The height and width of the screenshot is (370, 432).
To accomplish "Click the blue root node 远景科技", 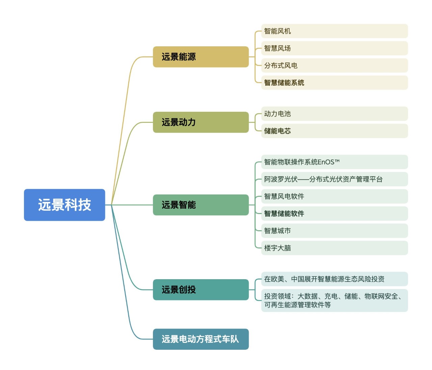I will [x=64, y=205].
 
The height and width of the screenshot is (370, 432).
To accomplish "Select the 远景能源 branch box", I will [x=201, y=57].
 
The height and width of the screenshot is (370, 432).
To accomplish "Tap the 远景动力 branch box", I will [x=201, y=122].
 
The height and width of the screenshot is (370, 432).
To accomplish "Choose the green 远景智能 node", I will [x=201, y=205].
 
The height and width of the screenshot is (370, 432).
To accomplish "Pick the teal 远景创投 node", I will [x=201, y=290].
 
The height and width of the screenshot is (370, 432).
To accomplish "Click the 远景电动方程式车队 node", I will [x=201, y=339].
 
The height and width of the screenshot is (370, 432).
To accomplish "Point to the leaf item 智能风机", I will [x=334, y=31].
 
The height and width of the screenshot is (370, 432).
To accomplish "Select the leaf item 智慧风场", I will [x=334, y=48].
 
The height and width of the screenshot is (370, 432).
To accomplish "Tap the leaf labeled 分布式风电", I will [x=334, y=65].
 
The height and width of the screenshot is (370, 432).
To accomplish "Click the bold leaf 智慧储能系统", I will [x=334, y=83].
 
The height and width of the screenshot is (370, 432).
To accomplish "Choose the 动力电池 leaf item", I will [x=334, y=114].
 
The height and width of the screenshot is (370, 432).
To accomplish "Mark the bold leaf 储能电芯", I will [x=334, y=131].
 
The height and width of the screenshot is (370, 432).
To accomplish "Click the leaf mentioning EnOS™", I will [x=334, y=162].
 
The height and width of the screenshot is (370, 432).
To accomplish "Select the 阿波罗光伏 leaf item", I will [x=334, y=179].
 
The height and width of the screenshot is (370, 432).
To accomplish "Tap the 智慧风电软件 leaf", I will [x=334, y=196].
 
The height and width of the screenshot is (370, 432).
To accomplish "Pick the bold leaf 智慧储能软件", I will [x=334, y=214].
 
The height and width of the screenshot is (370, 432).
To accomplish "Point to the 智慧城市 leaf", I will [x=334, y=231].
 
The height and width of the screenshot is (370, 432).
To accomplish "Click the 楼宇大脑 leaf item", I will [x=334, y=248].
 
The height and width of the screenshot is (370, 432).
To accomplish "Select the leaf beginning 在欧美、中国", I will [x=334, y=279].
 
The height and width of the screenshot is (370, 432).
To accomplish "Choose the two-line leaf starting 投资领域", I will [x=334, y=300].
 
